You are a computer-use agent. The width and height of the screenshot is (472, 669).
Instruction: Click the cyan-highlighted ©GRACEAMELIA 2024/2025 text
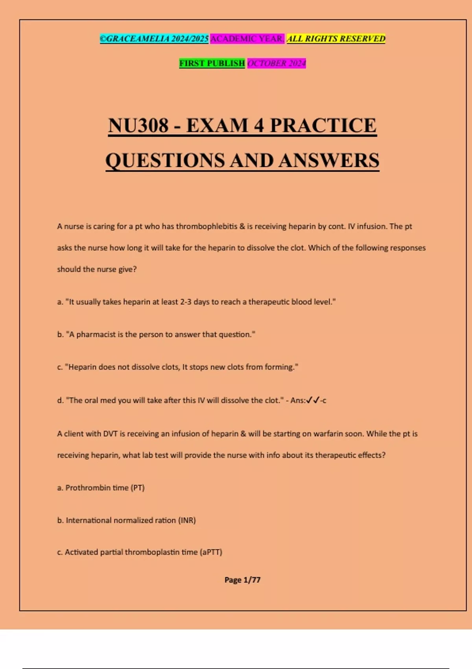(154, 39)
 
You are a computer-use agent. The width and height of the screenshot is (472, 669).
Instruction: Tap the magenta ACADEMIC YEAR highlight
(247, 39)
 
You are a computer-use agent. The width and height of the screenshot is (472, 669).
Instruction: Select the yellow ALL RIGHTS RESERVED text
(336, 39)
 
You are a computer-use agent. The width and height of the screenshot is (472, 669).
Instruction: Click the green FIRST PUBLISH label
(212, 63)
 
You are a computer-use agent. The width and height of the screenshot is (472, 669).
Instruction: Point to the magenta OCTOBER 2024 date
(277, 63)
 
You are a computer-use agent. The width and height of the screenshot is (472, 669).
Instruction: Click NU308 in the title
(138, 126)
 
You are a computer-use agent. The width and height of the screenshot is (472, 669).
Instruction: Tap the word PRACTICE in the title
(323, 126)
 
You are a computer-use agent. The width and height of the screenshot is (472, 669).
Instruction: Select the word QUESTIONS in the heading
(165, 161)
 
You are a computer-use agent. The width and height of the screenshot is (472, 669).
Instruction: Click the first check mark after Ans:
(309, 400)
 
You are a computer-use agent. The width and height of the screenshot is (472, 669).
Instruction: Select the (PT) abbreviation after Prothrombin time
(138, 488)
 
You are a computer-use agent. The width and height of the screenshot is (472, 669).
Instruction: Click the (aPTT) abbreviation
(211, 552)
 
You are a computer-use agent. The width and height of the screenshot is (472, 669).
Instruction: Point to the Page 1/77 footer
(242, 580)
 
